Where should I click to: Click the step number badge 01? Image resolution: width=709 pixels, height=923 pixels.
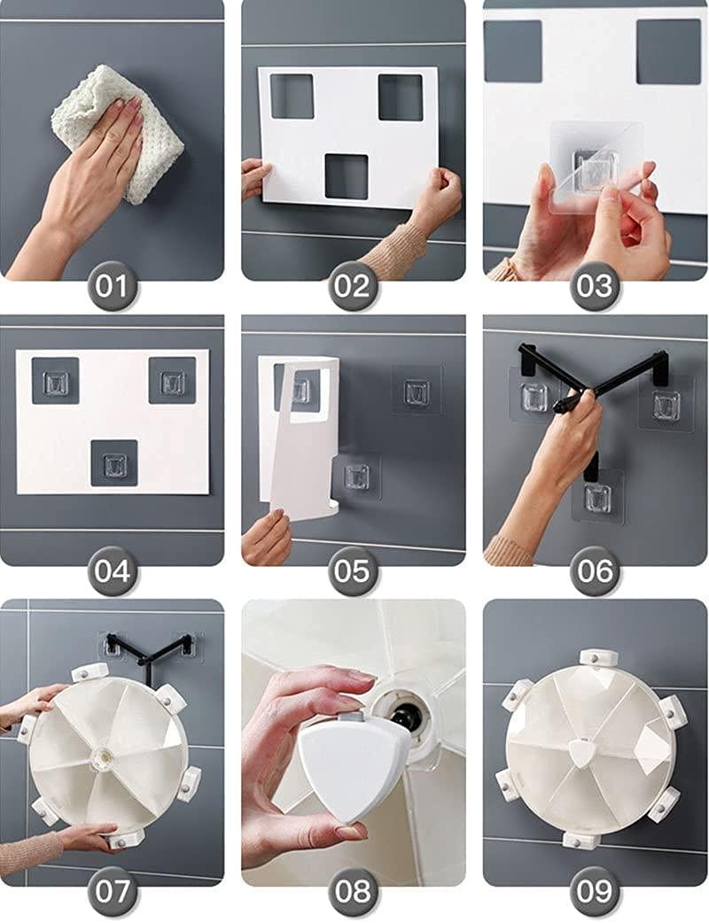click(113, 287)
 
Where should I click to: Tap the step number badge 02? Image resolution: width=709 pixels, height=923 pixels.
click(353, 287)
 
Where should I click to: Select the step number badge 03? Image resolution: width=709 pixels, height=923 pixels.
click(595, 287)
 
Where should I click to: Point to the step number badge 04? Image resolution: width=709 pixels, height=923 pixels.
click(113, 571)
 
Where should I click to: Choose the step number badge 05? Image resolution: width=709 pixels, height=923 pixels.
click(353, 571)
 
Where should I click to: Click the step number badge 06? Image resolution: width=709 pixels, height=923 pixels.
click(595, 571)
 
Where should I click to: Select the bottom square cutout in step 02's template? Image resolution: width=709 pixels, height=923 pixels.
click(347, 176)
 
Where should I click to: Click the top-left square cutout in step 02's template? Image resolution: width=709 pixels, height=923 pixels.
click(292, 96)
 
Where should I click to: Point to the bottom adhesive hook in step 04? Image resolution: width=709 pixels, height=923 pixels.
click(114, 465)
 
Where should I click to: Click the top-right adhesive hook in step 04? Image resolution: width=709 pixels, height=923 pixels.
click(173, 382)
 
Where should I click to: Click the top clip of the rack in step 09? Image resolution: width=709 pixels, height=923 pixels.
click(597, 659)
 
